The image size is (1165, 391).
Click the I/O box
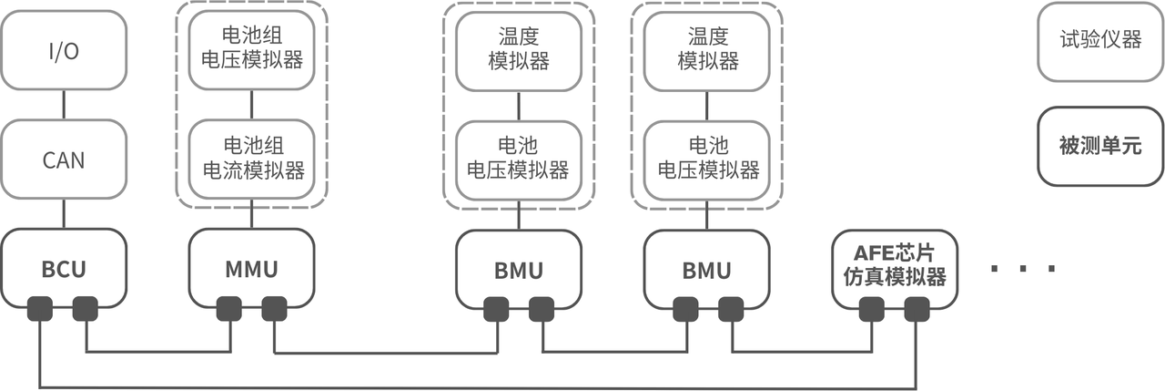click(63, 51)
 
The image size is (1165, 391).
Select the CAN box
click(63, 160)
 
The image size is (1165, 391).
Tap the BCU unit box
click(63, 270)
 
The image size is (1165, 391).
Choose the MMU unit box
click(251, 270)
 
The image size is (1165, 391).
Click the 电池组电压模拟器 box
click(251, 50)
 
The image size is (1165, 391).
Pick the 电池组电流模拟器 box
click(251, 159)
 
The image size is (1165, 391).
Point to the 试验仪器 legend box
click(1099, 40)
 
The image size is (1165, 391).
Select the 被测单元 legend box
click(1099, 146)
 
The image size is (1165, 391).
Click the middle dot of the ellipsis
click(1024, 269)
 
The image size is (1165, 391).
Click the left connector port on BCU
click(40, 310)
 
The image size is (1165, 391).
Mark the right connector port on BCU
click(86, 310)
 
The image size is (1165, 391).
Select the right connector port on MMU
click(274, 310)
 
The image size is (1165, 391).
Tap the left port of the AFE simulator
click(870, 310)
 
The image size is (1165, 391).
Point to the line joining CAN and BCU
click(63, 215)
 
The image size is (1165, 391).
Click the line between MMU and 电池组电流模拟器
click(251, 217)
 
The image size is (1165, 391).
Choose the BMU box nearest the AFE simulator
click(706, 270)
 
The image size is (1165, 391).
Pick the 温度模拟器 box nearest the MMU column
click(518, 50)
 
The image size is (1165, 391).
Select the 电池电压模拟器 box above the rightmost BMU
click(706, 159)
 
